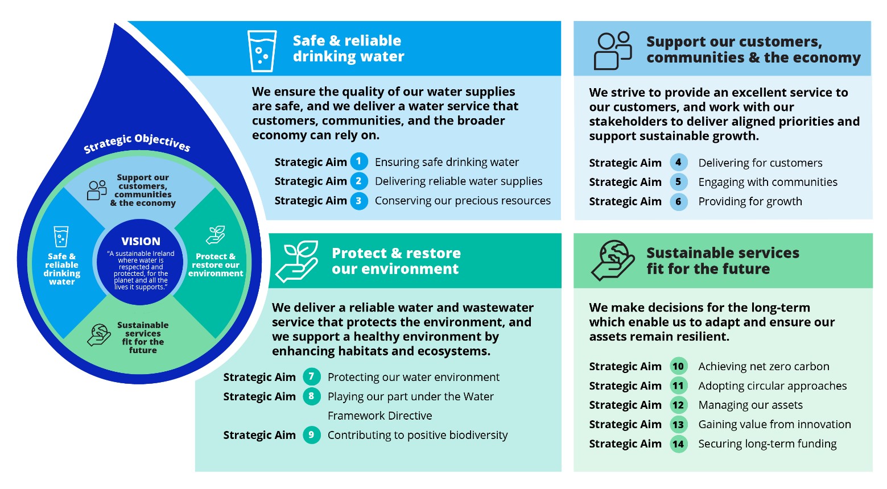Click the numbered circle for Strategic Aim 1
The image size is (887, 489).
[358, 161]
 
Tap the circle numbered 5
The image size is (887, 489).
[678, 182]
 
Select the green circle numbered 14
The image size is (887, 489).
[678, 444]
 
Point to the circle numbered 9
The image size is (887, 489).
[311, 435]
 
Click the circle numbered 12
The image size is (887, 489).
[678, 405]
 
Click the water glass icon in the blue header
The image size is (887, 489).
[262, 51]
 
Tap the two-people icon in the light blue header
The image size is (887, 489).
[613, 51]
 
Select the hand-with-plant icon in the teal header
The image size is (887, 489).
[296, 261]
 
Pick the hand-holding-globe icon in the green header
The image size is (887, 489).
[612, 260]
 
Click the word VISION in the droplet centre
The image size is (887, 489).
[141, 241]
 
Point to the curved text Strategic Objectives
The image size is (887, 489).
[137, 143]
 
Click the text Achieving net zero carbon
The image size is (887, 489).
[764, 367]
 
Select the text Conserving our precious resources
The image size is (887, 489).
[463, 201]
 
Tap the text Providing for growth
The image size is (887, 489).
[750, 201]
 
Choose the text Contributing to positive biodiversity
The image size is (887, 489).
[418, 435]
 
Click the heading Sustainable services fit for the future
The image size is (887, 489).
[723, 261]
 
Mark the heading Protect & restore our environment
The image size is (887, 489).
[396, 261]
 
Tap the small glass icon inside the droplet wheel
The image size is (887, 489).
[61, 237]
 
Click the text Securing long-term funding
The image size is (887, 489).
[767, 444]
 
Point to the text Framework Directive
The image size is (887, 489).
[379, 416]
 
